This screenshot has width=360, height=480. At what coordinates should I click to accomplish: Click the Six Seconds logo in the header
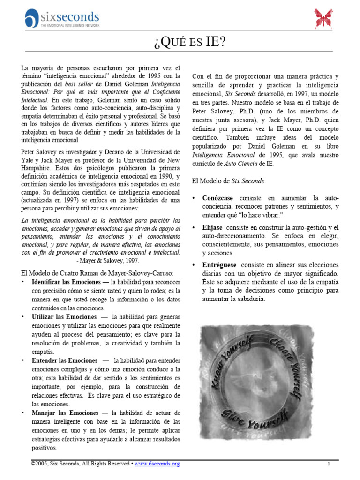(62, 19)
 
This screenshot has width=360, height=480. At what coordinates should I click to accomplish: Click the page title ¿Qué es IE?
(189, 43)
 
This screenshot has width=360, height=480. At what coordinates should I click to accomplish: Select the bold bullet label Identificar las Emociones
(66, 282)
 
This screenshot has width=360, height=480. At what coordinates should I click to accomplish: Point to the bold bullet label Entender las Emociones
(64, 360)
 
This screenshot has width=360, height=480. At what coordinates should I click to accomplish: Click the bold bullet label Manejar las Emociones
(63, 413)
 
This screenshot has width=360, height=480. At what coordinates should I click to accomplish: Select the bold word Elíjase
(212, 227)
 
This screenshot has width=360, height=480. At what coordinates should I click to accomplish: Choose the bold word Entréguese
(220, 265)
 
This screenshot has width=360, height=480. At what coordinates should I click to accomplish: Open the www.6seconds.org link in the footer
(157, 464)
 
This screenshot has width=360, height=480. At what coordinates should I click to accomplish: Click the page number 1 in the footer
(329, 464)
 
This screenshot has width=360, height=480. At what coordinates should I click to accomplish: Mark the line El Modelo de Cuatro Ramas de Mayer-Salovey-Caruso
(97, 273)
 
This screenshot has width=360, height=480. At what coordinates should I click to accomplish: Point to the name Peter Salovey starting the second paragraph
(38, 152)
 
